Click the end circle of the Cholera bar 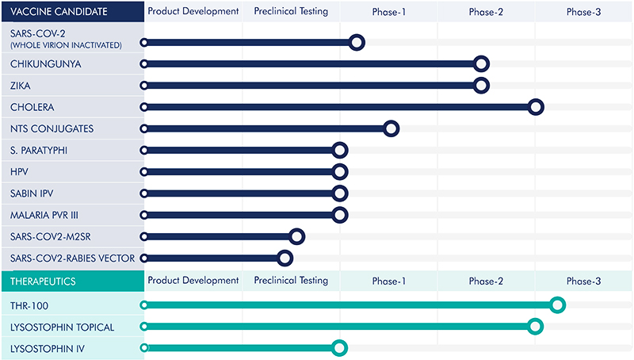(x=536, y=107)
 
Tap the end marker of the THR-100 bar (x=557, y=304)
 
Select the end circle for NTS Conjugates (x=390, y=128)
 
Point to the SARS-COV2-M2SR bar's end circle (x=297, y=236)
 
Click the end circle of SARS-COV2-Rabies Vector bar (x=285, y=257)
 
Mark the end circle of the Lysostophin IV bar (x=340, y=347)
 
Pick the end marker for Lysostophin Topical (x=535, y=326)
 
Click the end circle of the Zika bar (x=481, y=86)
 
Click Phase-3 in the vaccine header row (x=583, y=12)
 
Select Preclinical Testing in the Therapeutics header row (x=291, y=281)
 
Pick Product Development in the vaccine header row (x=193, y=12)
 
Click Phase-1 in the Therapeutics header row (x=388, y=281)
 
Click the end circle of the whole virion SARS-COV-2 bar (x=357, y=42)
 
